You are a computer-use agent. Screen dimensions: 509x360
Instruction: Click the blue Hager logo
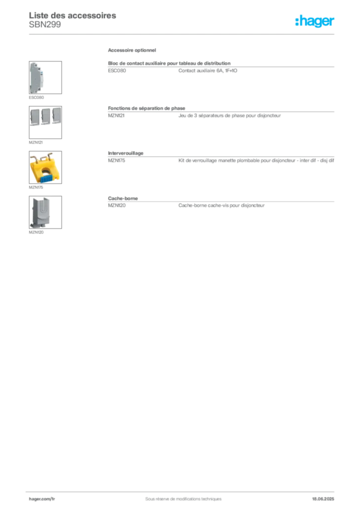click(315, 21)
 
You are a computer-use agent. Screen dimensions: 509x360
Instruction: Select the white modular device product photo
click(40, 77)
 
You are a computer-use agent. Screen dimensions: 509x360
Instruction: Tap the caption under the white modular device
click(37, 97)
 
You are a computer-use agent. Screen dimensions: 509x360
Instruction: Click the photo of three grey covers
click(45, 116)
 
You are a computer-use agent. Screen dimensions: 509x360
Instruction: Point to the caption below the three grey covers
click(35, 143)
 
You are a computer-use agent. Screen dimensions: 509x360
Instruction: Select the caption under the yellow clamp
click(35, 188)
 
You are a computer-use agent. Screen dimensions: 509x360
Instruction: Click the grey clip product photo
click(40, 212)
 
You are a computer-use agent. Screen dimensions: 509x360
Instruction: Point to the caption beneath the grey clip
click(38, 232)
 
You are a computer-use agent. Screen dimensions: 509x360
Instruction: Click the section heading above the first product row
click(133, 51)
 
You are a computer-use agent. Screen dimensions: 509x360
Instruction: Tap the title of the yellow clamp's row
click(127, 154)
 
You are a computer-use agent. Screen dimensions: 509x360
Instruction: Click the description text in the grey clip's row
click(221, 206)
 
